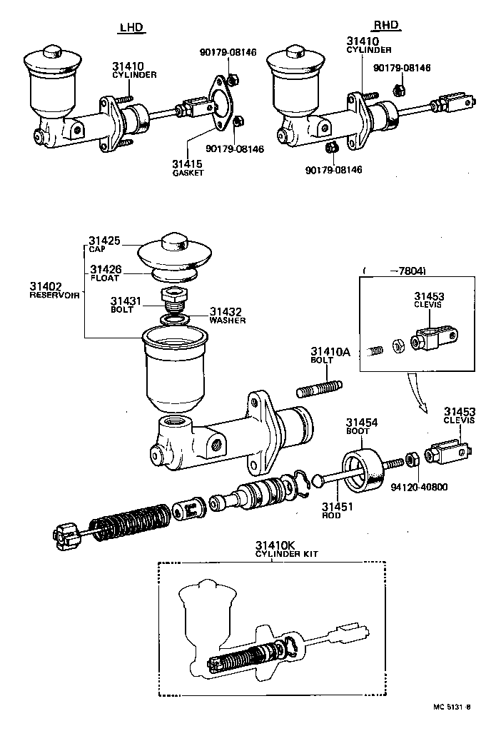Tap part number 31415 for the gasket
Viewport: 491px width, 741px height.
[187, 164]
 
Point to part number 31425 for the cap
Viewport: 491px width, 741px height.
[106, 241]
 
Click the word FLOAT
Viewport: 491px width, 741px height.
[104, 278]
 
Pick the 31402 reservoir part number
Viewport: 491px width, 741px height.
[46, 286]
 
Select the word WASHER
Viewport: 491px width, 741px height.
[228, 321]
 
